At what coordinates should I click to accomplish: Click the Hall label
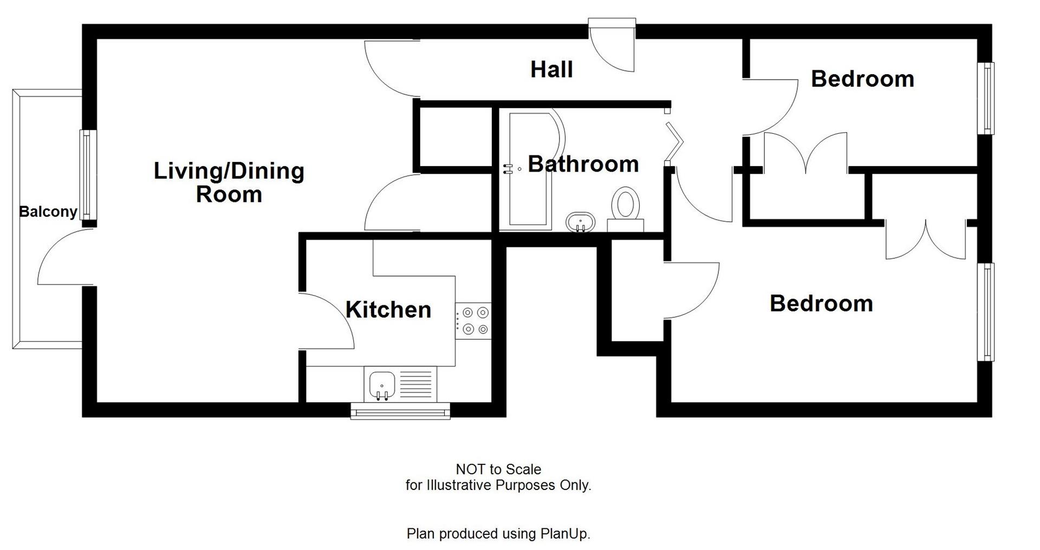[x=551, y=70]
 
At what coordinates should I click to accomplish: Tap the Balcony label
[x=48, y=212]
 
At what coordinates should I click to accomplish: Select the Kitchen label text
[x=388, y=310]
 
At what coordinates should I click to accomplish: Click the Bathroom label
[x=583, y=164]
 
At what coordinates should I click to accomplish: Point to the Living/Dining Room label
[x=229, y=182]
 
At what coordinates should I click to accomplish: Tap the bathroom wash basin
[x=580, y=222]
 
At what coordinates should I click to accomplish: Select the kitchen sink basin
[x=382, y=385]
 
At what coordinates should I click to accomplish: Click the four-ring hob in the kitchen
[x=473, y=320]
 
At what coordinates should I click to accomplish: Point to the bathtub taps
[x=509, y=169]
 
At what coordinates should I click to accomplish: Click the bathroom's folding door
[x=674, y=142]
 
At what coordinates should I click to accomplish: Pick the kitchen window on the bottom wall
[x=400, y=411]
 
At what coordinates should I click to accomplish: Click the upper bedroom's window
[x=989, y=98]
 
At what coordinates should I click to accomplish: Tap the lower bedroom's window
[x=989, y=311]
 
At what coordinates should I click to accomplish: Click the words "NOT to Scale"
[x=498, y=469]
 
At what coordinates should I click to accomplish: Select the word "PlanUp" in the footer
[x=563, y=534]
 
